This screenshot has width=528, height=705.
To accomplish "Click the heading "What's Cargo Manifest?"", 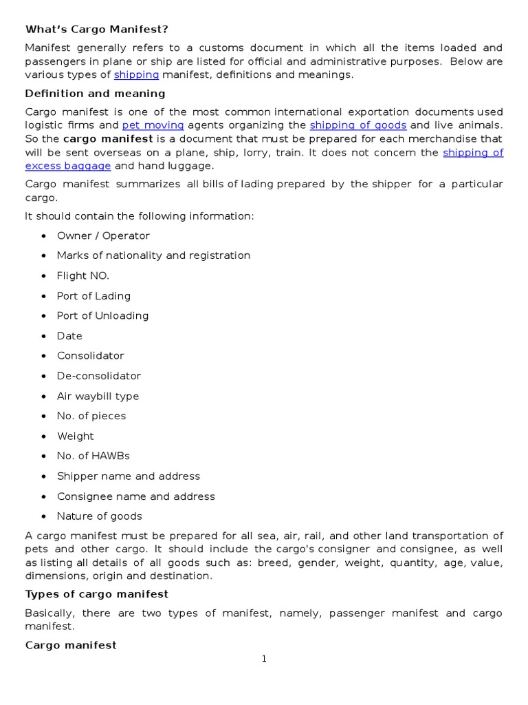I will tap(96, 29).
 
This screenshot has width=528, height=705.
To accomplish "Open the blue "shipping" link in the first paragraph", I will tap(136, 74).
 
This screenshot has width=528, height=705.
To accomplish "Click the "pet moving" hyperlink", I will tap(153, 125).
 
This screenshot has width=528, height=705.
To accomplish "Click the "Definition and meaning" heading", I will tap(95, 93).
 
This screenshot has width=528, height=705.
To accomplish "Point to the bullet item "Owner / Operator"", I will tap(103, 235).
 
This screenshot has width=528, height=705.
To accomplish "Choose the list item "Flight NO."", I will tap(82, 275).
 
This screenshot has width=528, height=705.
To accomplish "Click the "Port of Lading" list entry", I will tap(93, 296).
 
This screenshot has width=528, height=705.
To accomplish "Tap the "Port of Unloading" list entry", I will tap(102, 315).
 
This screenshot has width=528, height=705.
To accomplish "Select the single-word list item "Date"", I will tap(69, 336).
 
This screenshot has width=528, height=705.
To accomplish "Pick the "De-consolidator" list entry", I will tap(98, 376).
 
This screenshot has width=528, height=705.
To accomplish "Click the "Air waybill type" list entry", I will tap(98, 396).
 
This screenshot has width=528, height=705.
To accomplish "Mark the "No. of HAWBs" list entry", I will tap(93, 456).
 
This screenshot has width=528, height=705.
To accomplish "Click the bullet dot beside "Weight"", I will tap(43, 436).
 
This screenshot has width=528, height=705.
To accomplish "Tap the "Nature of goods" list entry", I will tap(99, 516).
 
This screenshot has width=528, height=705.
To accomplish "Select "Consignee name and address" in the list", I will tap(135, 496).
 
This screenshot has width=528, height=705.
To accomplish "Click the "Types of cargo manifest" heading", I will tap(96, 593).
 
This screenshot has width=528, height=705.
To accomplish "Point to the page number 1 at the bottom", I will tap(263, 659).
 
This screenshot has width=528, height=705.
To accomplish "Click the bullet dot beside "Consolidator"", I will tap(43, 356).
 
